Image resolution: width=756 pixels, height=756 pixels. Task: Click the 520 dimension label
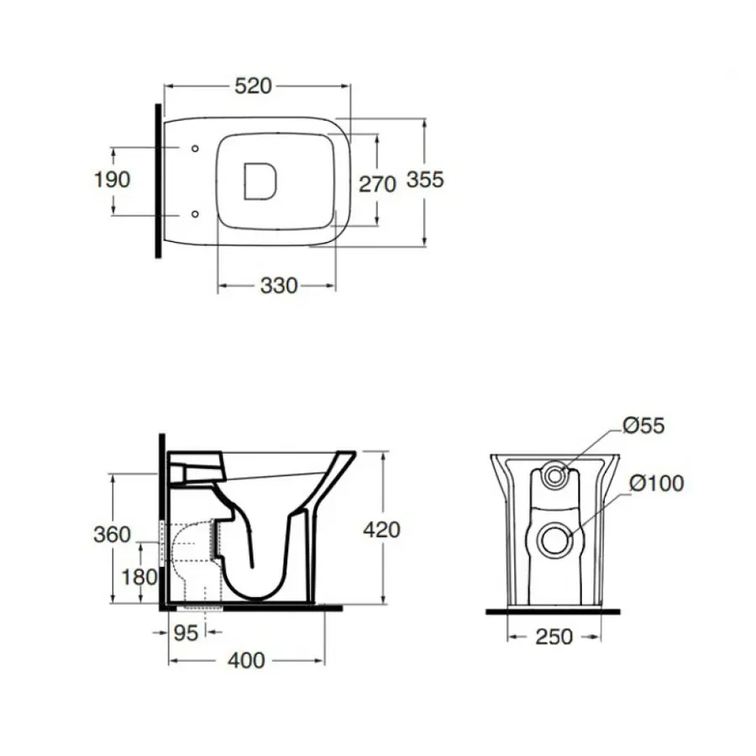click(x=253, y=87)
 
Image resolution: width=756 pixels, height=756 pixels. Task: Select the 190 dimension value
click(x=112, y=180)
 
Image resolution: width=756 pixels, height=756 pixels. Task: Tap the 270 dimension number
click(x=377, y=184)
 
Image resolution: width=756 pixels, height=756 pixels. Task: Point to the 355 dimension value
click(x=425, y=180)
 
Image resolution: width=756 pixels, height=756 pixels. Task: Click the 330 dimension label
click(x=279, y=286)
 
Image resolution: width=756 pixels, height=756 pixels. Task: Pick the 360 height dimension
click(x=112, y=535)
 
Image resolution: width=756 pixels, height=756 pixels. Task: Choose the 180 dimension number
click(x=139, y=577)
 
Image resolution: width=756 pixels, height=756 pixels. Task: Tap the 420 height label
click(x=382, y=530)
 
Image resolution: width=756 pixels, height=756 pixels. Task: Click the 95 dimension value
click(x=186, y=633)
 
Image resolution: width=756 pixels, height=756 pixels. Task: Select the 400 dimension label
click(x=246, y=660)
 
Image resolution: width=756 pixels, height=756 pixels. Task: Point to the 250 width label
click(x=554, y=637)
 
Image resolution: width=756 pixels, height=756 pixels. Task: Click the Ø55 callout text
click(x=643, y=426)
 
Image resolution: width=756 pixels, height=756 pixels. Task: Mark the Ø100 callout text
click(x=657, y=484)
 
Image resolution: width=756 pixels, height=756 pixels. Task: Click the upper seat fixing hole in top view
click(x=195, y=149)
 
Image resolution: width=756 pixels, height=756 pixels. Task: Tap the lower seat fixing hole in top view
click(x=195, y=214)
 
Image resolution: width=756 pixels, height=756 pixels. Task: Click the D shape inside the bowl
click(x=260, y=181)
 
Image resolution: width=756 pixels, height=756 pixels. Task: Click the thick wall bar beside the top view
click(x=158, y=181)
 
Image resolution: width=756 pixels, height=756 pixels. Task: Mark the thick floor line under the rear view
click(x=553, y=612)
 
